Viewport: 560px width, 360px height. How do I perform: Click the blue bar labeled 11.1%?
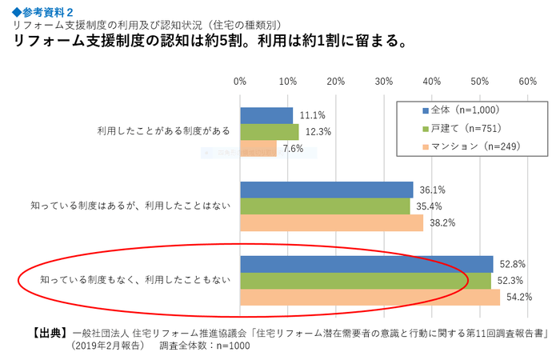266,115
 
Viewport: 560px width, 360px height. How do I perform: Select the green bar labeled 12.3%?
269,131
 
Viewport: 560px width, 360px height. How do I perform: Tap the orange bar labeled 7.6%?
258,148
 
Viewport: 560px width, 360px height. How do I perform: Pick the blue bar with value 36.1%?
326,190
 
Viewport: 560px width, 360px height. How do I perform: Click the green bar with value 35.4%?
325,206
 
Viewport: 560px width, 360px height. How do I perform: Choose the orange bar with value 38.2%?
331,223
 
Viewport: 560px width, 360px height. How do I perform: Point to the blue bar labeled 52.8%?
366,264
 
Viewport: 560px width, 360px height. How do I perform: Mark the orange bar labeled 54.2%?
370,298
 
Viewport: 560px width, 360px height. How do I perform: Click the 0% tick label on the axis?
240,81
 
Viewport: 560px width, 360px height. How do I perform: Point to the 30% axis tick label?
384,81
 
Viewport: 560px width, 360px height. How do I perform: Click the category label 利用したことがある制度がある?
163,130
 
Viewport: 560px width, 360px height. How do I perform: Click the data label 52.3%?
510,281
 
